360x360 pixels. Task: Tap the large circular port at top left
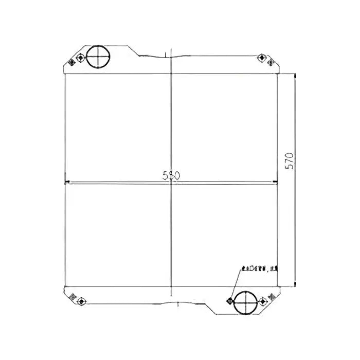(x=97, y=57)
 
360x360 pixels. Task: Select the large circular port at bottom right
(x=243, y=303)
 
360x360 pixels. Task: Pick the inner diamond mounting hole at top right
(x=262, y=56)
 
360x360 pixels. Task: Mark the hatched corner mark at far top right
(x=271, y=62)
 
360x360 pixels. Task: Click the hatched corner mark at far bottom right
(x=271, y=295)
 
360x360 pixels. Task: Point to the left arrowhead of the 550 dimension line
(x=66, y=182)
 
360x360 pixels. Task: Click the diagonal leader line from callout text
(x=237, y=282)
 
